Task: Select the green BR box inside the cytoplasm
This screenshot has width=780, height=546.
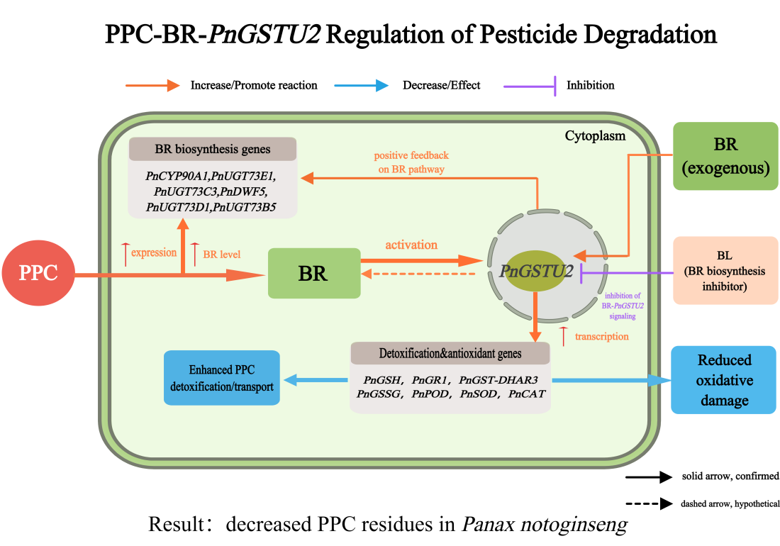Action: (x=313, y=273)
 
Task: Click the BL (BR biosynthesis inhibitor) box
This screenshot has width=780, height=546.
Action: (x=725, y=270)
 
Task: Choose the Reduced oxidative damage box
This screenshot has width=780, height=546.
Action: (x=724, y=380)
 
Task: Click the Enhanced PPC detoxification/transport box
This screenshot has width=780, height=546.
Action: (x=221, y=378)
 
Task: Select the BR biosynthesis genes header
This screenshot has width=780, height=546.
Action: (x=212, y=150)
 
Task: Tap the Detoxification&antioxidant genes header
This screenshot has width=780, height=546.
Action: (x=450, y=353)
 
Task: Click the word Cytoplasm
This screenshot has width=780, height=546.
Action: (x=595, y=135)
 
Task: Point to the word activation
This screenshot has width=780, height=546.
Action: (x=411, y=245)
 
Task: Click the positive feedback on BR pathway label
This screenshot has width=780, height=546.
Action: (x=411, y=162)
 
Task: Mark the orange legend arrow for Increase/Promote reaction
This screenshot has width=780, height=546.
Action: (x=152, y=85)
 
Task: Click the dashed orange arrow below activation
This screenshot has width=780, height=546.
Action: (x=418, y=274)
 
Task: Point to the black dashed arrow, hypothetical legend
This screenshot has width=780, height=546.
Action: (x=648, y=504)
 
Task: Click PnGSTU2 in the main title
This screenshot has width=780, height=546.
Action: (x=262, y=34)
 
